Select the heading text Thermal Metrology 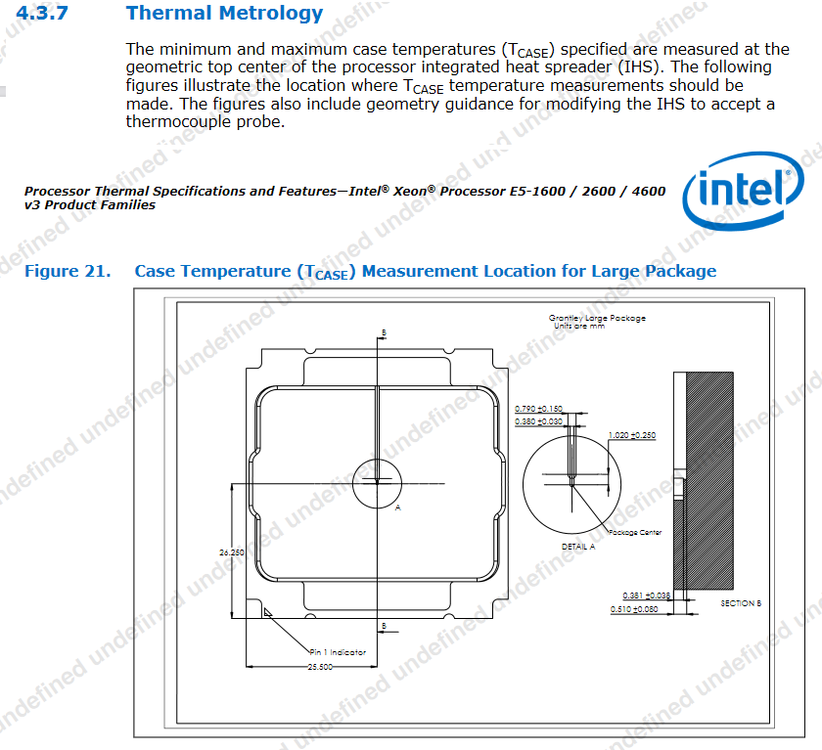[x=224, y=14]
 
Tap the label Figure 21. [x=67, y=271]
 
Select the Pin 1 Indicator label [x=339, y=651]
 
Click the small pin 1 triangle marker [x=267, y=611]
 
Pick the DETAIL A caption [x=577, y=547]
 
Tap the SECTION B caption [x=740, y=603]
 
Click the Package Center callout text [x=635, y=533]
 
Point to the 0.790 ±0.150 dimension [x=538, y=409]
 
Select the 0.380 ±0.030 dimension [x=538, y=421]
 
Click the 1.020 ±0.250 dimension [x=631, y=435]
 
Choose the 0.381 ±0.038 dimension [x=646, y=596]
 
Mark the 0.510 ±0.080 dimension [x=646, y=609]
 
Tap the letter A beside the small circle [x=397, y=508]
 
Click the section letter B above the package [x=384, y=333]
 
